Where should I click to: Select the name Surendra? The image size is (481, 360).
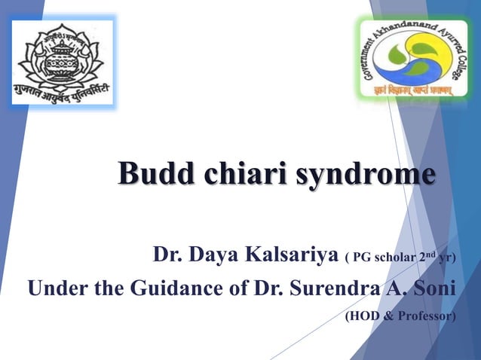330,288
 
